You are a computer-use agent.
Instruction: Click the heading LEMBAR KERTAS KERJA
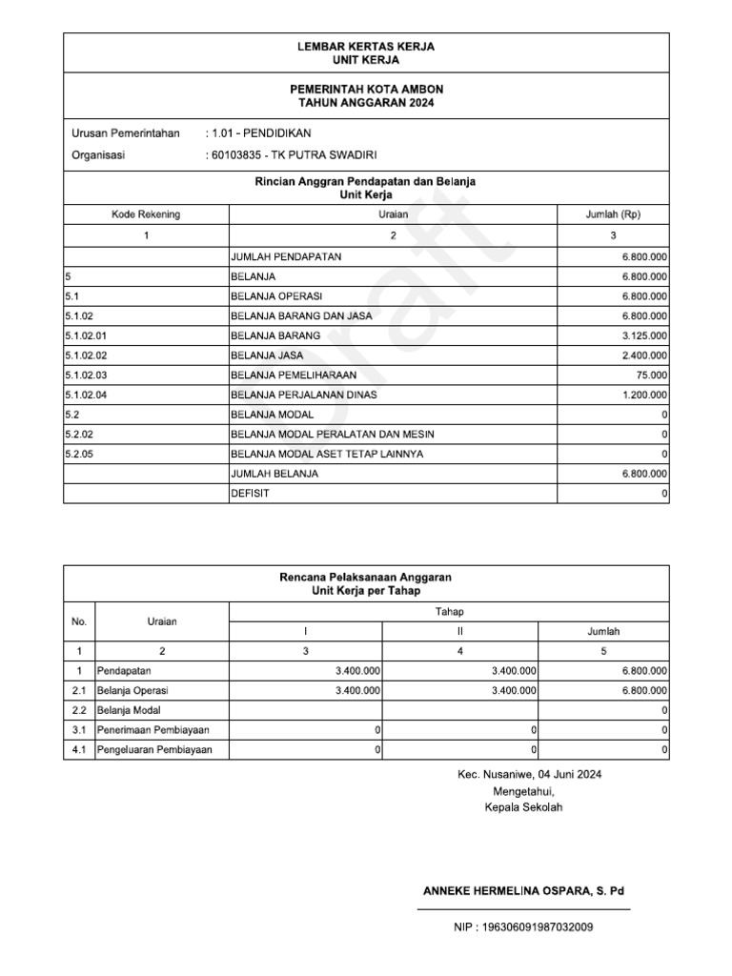click(366, 46)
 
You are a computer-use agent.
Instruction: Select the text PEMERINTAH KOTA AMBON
click(366, 89)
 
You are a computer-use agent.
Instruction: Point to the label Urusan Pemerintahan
click(126, 133)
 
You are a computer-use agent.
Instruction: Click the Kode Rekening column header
click(146, 214)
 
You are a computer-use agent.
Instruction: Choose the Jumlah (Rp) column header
click(613, 214)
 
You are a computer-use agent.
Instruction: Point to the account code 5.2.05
click(78, 454)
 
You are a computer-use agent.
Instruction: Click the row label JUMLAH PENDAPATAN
click(286, 256)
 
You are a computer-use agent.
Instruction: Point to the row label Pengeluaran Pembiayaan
click(154, 750)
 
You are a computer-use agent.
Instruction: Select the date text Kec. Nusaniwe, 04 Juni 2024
click(529, 775)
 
